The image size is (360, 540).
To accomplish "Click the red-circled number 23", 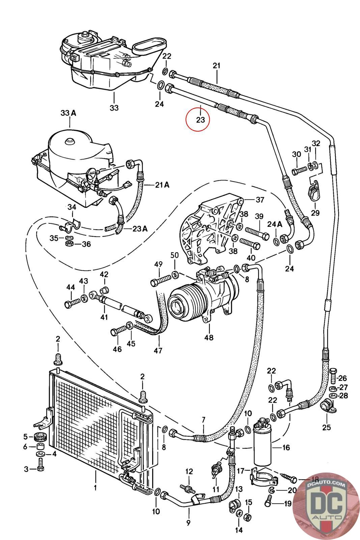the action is pos(200,119).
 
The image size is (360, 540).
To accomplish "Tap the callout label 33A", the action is pos(68,113).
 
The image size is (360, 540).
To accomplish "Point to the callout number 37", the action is pos(260,199).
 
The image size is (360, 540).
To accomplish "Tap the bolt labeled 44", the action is pos(72,303).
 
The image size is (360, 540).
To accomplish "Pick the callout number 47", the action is pos(158,350).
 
